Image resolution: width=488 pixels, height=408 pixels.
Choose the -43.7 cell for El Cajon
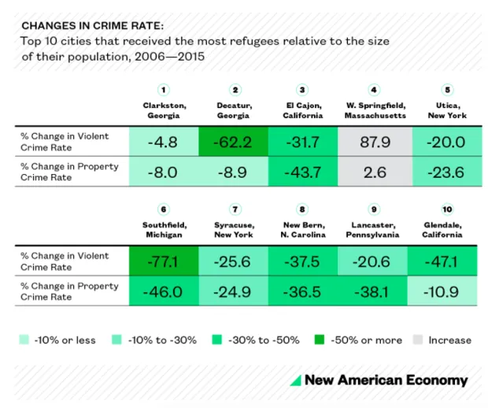[x=303, y=172]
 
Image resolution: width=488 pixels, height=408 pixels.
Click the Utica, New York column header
[x=447, y=110]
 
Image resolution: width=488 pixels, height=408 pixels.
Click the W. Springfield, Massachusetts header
[x=375, y=110]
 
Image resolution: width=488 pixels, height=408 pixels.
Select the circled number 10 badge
[x=447, y=209]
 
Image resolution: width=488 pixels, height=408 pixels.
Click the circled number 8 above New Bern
[x=303, y=209]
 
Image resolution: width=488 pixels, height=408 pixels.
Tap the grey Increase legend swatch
[x=418, y=340]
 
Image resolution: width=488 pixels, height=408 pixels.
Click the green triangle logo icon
[x=295, y=380]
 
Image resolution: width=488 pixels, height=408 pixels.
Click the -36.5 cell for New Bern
[x=303, y=291]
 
